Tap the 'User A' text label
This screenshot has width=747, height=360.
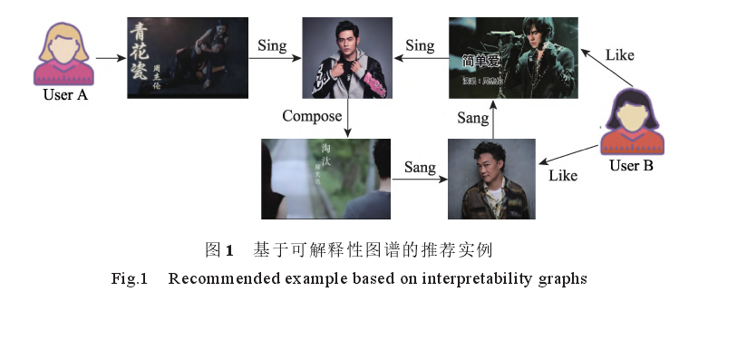tap(63, 94)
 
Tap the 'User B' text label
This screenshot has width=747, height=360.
tap(633, 166)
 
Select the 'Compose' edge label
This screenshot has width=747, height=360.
tap(312, 116)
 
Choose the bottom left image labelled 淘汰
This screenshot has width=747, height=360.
tap(325, 179)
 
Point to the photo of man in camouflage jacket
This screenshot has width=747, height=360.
tap(491, 179)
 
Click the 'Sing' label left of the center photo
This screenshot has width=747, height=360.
tap(273, 44)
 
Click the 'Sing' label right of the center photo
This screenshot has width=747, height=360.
tap(420, 44)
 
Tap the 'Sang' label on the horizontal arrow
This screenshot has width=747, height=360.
tap(420, 168)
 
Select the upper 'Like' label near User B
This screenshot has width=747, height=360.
tap(620, 55)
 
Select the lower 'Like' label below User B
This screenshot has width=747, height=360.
tap(563, 175)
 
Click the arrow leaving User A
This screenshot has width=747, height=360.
tap(111, 57)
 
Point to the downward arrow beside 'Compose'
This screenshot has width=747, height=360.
tap(348, 118)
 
